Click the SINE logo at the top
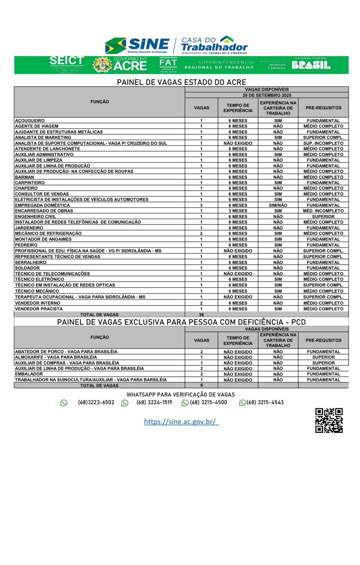click(x=138, y=45)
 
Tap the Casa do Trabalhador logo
click(x=214, y=45)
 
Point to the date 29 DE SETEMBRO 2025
click(x=267, y=95)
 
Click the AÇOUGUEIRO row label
click(x=30, y=121)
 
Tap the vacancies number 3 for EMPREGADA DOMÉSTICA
click(x=201, y=205)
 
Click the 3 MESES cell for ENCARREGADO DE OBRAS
click(x=238, y=211)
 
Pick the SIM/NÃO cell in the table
click(x=278, y=205)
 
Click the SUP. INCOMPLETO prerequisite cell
click(x=323, y=143)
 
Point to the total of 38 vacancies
click(x=201, y=315)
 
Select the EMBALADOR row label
click(x=29, y=374)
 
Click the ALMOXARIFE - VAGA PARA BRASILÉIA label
click(x=56, y=357)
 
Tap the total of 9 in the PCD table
click(x=202, y=386)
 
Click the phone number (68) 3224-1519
click(x=154, y=403)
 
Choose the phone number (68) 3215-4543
click(x=265, y=403)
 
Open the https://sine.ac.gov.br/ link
click(x=181, y=422)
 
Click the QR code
click(x=329, y=420)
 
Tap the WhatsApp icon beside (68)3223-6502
click(x=64, y=403)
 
